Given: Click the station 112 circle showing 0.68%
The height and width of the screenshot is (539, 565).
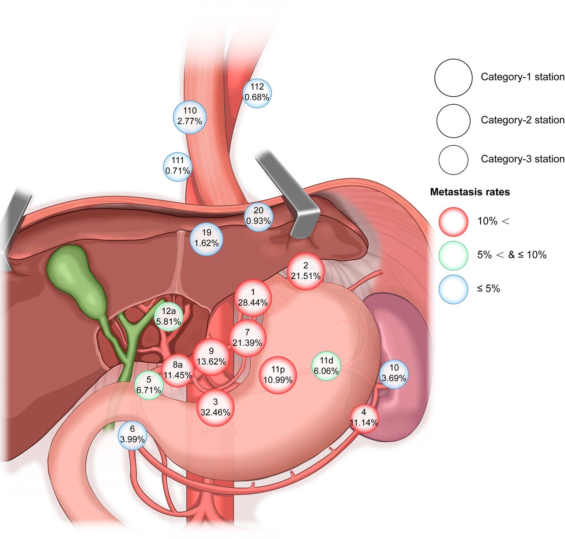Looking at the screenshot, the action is coord(257,93).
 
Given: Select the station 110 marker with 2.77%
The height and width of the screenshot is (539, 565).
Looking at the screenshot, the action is coord(190,117).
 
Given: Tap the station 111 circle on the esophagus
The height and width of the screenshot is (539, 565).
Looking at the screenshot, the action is coord(177,167).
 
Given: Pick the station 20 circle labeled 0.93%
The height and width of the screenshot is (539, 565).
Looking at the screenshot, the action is coord(258,217).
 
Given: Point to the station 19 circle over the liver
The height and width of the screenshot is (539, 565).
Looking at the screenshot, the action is coord(207,239).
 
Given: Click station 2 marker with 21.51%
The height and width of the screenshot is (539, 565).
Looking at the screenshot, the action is coord(306,271).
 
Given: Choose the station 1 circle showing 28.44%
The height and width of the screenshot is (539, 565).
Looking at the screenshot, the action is coord(253,298).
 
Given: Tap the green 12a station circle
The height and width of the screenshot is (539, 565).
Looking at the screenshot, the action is coord(169,317).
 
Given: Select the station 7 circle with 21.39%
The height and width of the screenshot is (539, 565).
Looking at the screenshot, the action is coord(248,338).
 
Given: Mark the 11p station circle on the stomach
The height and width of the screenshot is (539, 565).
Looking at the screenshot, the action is coord(278,375).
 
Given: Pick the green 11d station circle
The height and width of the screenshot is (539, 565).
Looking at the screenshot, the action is coord(327,366).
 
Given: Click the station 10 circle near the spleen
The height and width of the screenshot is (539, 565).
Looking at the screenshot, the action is coord(394,374).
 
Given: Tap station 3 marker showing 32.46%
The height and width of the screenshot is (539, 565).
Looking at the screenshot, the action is coord(215,407).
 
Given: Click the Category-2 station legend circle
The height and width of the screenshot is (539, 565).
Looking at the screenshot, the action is coord(453,121).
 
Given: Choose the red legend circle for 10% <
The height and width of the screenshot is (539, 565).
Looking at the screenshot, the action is coord(453,222).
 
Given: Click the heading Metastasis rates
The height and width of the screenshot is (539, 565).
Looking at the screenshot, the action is coord(470,192).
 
